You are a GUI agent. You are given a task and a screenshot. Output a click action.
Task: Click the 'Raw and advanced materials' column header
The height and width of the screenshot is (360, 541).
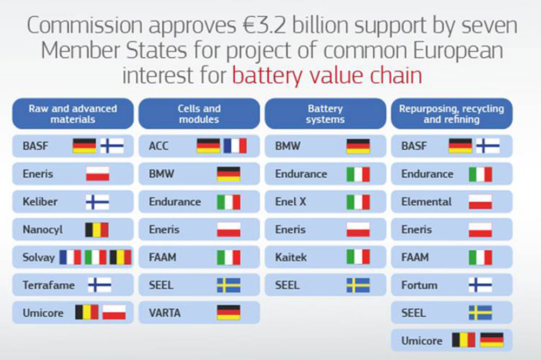pos(73,114)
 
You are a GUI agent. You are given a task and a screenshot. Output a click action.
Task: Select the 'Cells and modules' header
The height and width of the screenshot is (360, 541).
pos(199,114)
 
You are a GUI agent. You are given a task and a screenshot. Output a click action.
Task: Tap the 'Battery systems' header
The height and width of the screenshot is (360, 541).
pos(325,114)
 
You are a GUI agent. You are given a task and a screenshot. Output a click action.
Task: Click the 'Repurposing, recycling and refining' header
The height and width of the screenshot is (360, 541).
pos(452,114)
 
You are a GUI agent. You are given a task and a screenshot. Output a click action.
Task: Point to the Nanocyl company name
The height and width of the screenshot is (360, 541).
pos(43,230)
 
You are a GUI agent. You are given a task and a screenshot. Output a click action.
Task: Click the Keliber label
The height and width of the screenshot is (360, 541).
pos(40,202)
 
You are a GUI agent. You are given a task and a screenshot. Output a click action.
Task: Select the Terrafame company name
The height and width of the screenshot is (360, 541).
pos(49,285)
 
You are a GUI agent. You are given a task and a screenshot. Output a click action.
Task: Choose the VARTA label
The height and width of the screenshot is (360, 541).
pos(164,313)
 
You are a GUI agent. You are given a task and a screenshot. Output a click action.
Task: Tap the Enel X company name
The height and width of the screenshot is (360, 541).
pos(291,202)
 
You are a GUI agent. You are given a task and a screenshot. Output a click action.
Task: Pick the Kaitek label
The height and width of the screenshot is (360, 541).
pos(291,257)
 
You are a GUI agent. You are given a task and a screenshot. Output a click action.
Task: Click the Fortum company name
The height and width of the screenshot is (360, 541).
pos(419,285)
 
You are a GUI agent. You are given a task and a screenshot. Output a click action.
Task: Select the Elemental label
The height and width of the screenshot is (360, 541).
pos(426,202)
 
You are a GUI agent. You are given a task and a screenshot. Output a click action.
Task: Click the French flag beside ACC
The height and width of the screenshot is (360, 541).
pos(235,146)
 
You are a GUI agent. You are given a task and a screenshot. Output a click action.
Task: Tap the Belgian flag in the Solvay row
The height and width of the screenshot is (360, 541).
pos(121,257)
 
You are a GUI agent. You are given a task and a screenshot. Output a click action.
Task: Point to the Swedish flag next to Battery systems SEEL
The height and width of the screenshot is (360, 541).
pos(358,285)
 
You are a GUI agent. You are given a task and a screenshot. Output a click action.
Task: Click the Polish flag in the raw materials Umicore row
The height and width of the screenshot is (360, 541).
pos(114,313)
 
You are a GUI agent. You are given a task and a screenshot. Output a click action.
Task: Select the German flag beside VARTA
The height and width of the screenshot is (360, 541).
pos(229,313)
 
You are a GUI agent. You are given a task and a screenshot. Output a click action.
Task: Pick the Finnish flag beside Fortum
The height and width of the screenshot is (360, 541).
pos(480,285)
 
